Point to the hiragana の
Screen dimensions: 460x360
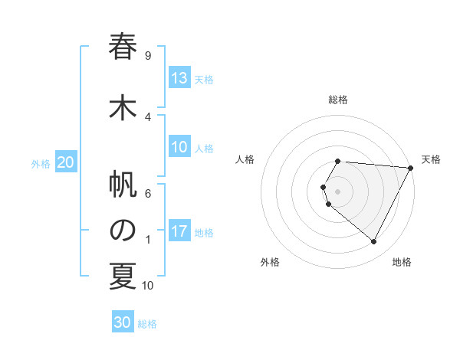point(122,231)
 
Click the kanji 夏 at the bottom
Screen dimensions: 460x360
point(122,277)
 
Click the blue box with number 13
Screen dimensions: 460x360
point(179,78)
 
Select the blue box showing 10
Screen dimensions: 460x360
point(179,147)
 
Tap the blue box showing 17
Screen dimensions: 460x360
point(179,231)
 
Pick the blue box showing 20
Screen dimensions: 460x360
point(66,162)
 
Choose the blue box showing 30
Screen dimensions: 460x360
point(123,322)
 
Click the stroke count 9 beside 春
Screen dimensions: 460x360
point(148,55)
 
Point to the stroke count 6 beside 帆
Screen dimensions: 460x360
point(148,193)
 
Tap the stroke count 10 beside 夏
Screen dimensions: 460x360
point(148,286)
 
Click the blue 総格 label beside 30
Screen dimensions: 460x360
point(147,324)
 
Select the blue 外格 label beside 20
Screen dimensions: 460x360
point(41,164)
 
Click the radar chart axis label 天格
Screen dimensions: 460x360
point(431,159)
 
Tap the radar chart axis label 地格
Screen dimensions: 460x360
point(402,262)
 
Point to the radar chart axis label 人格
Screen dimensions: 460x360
point(245,159)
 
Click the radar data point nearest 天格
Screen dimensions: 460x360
point(410,168)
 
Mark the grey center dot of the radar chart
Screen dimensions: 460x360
point(337,191)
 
